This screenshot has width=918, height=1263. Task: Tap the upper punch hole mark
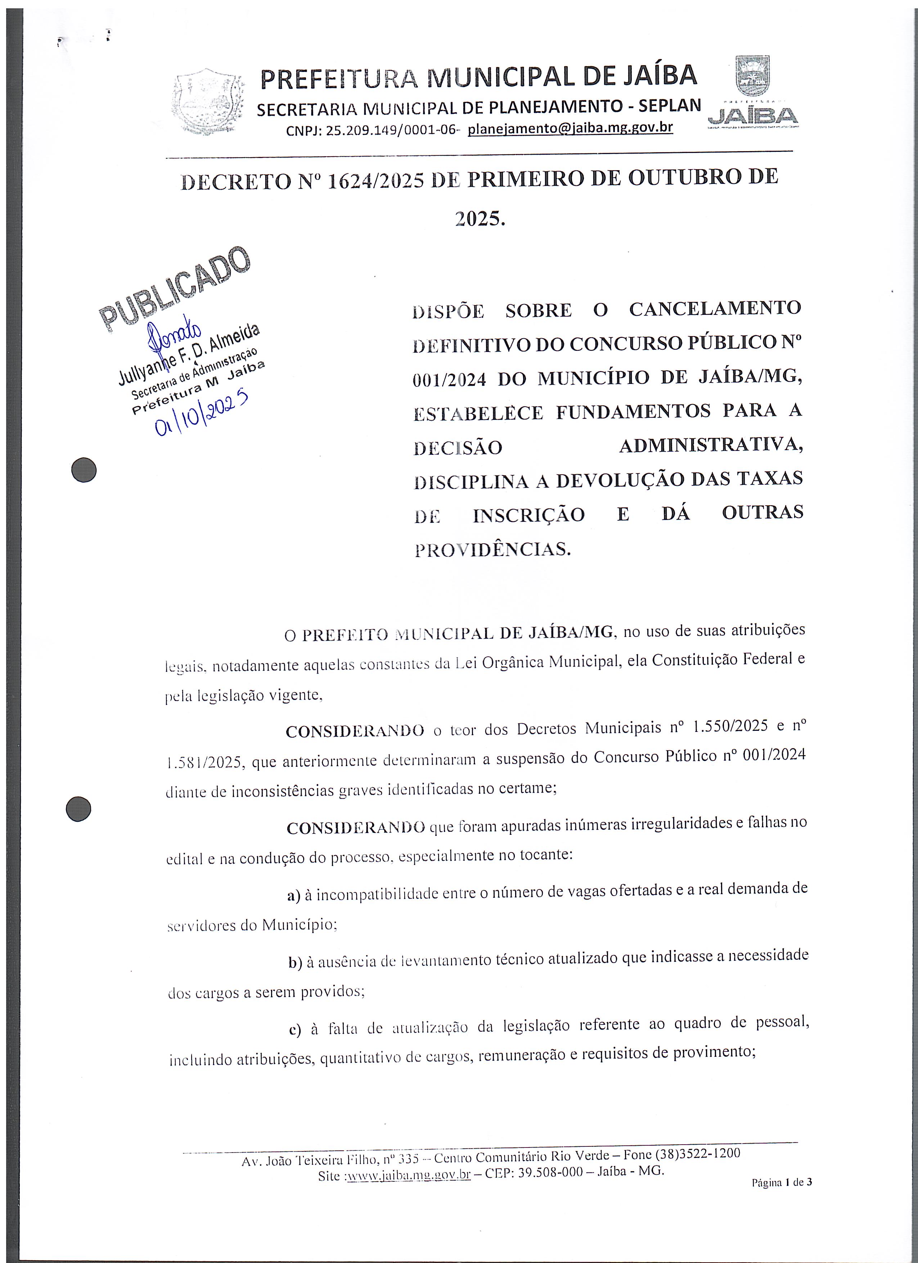click(84, 470)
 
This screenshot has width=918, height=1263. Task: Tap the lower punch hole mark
click(78, 808)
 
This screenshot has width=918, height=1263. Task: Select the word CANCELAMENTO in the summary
click(715, 308)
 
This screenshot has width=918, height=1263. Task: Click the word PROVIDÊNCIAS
click(492, 549)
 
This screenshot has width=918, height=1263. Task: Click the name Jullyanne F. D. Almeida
click(188, 356)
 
